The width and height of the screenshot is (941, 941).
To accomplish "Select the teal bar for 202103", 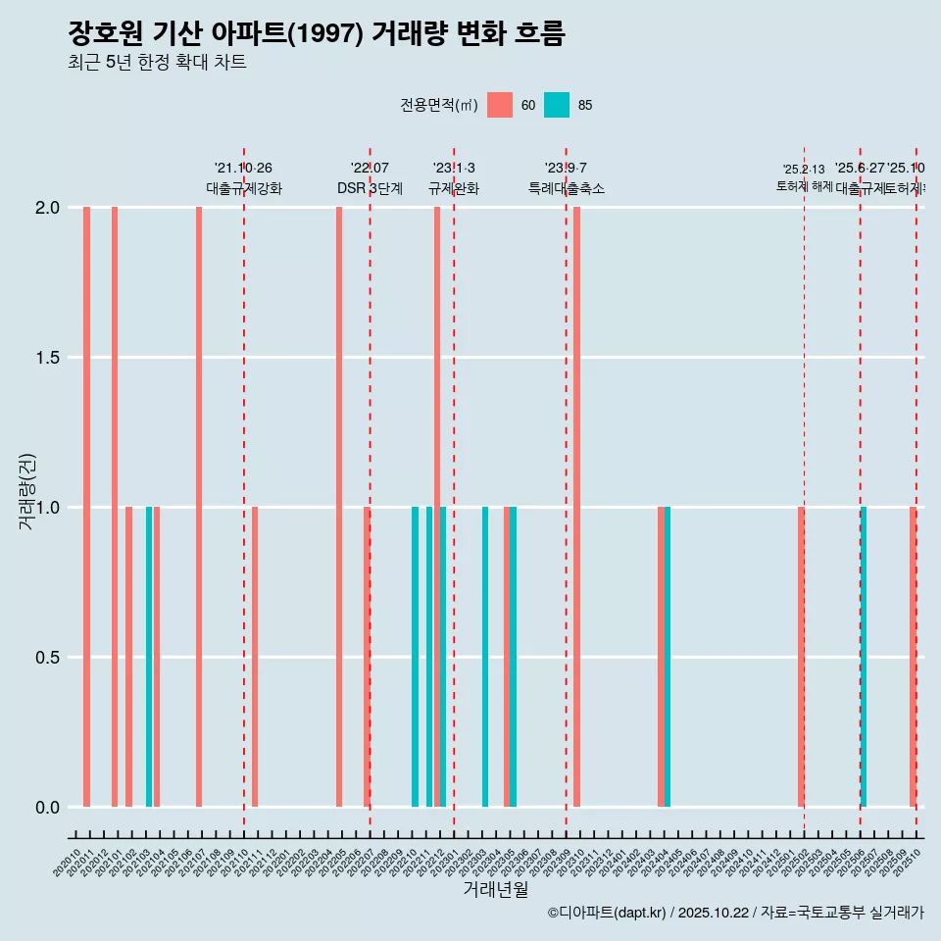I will (149, 657).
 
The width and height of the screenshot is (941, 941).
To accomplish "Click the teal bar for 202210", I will (415, 657).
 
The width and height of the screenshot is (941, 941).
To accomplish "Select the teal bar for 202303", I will (485, 657).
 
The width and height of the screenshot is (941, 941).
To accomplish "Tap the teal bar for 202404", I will (668, 657).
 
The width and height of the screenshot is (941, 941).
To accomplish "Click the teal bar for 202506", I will (864, 657).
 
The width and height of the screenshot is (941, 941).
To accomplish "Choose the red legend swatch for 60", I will (500, 105).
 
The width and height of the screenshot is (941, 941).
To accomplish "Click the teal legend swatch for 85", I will (557, 105).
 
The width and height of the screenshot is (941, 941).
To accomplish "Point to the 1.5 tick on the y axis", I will (48, 358).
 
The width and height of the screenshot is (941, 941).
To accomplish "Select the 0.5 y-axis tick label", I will (48, 658).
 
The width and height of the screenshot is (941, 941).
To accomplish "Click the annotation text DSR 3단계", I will (370, 188).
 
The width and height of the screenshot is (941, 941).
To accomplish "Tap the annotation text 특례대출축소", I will (566, 188).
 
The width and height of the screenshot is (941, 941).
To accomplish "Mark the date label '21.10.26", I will (243, 169).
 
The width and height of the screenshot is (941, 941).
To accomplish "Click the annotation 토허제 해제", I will (804, 186).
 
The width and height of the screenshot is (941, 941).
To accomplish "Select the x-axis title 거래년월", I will (495, 890).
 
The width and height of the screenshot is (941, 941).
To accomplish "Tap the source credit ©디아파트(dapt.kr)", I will (608, 914).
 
